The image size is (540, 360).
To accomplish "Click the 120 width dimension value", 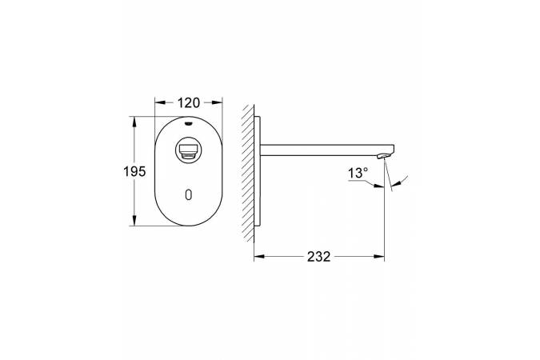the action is [x=188, y=102].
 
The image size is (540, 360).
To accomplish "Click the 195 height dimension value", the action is [x=134, y=171].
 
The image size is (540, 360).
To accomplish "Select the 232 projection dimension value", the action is [x=319, y=257].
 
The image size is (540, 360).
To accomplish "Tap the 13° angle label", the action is [x=358, y=173].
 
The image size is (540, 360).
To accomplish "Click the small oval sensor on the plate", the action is [x=188, y=195].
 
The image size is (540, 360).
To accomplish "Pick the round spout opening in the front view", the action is [x=188, y=151].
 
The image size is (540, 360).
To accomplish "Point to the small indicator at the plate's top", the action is [x=188, y=122].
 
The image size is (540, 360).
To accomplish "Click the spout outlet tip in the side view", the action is [x=383, y=157].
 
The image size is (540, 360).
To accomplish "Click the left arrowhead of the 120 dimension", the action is [x=160, y=102].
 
